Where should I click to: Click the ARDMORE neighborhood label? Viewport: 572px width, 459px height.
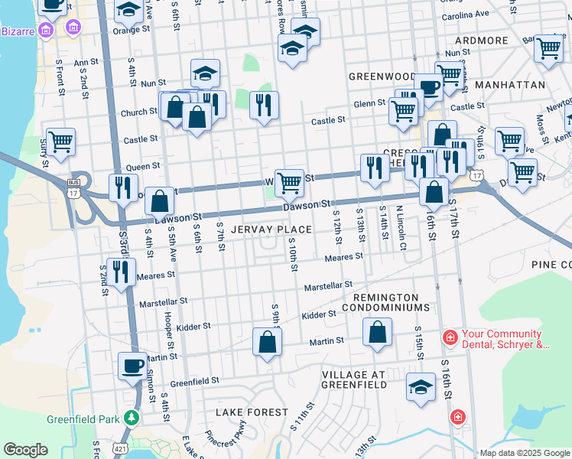(481, 41)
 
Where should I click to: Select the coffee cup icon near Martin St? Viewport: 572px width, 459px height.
(132, 366)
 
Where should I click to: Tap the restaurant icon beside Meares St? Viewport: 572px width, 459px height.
(121, 272)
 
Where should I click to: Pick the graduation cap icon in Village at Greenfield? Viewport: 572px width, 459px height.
(421, 387)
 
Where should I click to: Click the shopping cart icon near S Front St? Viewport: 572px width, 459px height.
(60, 141)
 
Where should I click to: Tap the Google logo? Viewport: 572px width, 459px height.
(25, 449)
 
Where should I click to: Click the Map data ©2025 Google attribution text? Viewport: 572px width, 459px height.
(525, 453)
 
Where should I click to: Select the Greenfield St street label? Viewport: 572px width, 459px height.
(194, 379)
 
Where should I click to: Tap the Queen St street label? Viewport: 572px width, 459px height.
(143, 166)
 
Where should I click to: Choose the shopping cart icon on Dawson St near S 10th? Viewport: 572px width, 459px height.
(289, 183)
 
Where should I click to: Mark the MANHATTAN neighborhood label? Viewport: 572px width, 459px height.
(509, 85)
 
